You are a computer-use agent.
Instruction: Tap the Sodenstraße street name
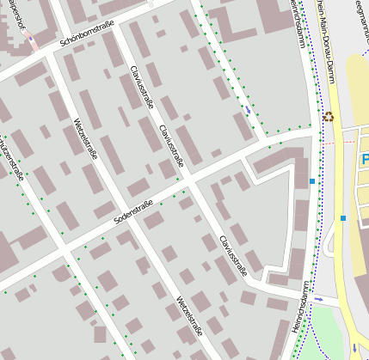click(132, 210)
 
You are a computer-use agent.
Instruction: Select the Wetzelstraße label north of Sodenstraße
click(88, 143)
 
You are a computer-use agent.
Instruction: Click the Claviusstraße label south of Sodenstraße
click(233, 255)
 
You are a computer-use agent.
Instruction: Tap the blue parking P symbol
click(365, 160)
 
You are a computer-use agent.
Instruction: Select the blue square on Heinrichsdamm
click(311, 181)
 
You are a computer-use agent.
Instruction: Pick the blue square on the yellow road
click(342, 218)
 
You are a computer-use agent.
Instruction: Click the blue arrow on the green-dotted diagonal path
click(248, 110)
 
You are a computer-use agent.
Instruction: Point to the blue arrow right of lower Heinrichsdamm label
click(319, 299)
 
